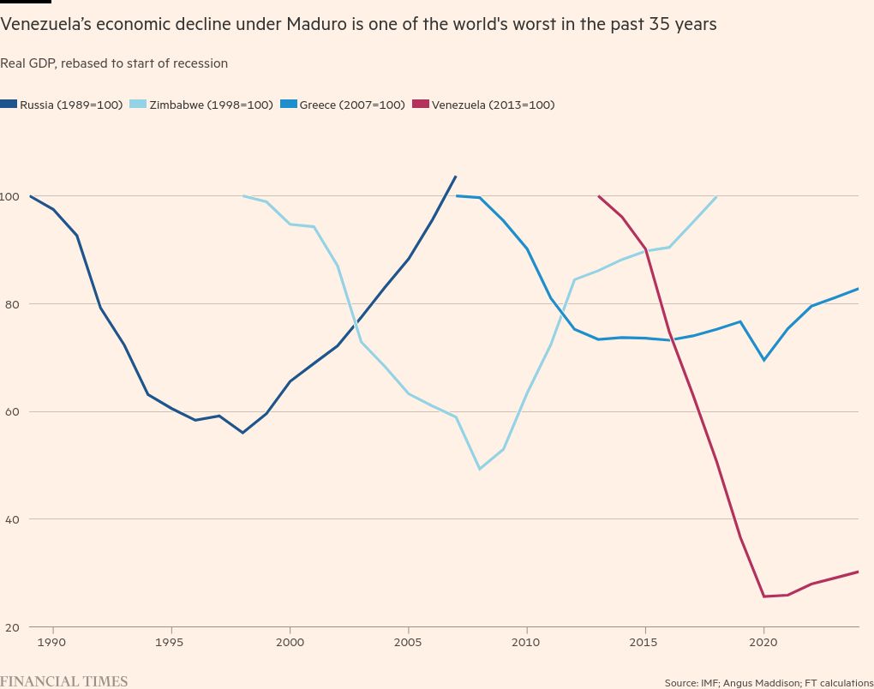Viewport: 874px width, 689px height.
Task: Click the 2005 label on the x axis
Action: point(408,640)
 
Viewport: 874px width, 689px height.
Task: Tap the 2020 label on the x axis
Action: point(763,640)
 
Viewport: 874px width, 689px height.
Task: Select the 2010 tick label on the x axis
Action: point(526,640)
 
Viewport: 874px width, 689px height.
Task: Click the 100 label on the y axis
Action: point(10,196)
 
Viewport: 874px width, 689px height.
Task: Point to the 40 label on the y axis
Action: point(12,519)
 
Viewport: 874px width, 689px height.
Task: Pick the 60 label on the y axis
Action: point(12,411)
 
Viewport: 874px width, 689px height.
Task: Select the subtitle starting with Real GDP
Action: point(114,63)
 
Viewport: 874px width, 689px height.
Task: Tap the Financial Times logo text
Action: point(64,681)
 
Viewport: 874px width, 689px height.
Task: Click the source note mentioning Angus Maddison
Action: point(769,683)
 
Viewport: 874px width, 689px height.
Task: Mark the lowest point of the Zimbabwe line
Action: point(479,469)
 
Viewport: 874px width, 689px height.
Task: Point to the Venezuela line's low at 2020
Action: point(763,596)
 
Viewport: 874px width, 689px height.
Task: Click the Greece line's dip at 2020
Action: point(763,360)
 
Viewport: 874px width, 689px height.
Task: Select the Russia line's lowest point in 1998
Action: point(242,432)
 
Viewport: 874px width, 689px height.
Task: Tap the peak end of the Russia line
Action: point(455,177)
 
